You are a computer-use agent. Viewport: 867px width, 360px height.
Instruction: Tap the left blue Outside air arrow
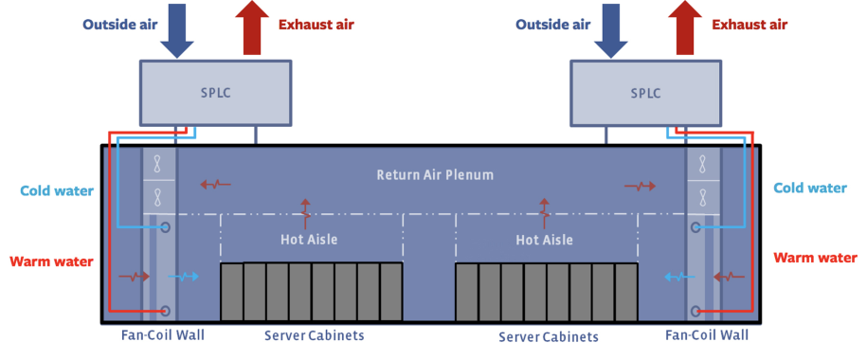click(176, 29)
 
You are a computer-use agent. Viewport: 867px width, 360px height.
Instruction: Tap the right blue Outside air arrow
click(608, 29)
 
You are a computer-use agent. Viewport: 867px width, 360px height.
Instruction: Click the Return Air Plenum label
click(435, 175)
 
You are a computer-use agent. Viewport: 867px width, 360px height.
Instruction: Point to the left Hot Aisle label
click(309, 240)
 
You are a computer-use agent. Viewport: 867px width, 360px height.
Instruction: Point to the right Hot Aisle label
click(544, 240)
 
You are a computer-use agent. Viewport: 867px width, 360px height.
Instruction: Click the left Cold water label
click(57, 191)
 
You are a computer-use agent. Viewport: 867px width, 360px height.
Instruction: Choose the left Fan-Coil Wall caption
click(162, 334)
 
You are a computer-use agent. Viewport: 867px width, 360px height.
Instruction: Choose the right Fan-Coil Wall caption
click(707, 334)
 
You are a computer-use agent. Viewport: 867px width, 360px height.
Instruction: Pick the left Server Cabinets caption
click(314, 335)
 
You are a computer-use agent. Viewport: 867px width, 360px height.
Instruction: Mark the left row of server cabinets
click(312, 291)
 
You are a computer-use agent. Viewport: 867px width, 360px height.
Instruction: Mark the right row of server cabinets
click(546, 291)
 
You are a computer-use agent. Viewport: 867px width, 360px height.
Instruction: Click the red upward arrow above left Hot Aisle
click(305, 213)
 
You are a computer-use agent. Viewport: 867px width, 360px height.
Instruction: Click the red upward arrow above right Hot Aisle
click(544, 213)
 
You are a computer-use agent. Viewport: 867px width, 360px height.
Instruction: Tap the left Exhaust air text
click(316, 24)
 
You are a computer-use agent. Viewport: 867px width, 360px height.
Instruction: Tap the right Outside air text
click(553, 24)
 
